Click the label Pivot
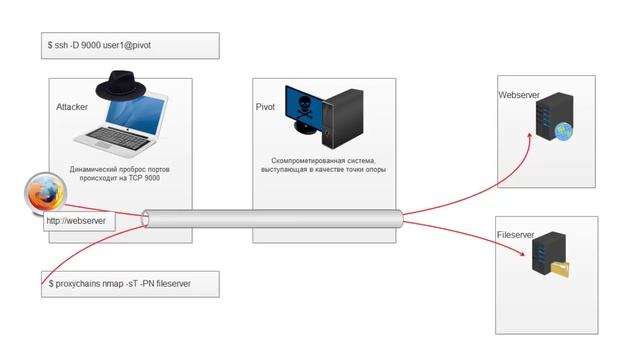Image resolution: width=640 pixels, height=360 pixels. pyautogui.click(x=266, y=105)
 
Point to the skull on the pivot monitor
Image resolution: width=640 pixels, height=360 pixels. pyautogui.click(x=305, y=107)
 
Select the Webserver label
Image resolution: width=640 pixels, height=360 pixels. pyautogui.click(x=519, y=95)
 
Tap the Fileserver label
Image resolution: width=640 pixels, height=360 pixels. pyautogui.click(x=516, y=234)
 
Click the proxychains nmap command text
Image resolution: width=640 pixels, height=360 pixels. pyautogui.click(x=119, y=284)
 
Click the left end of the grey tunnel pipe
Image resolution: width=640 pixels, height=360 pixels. pyautogui.click(x=147, y=219)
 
